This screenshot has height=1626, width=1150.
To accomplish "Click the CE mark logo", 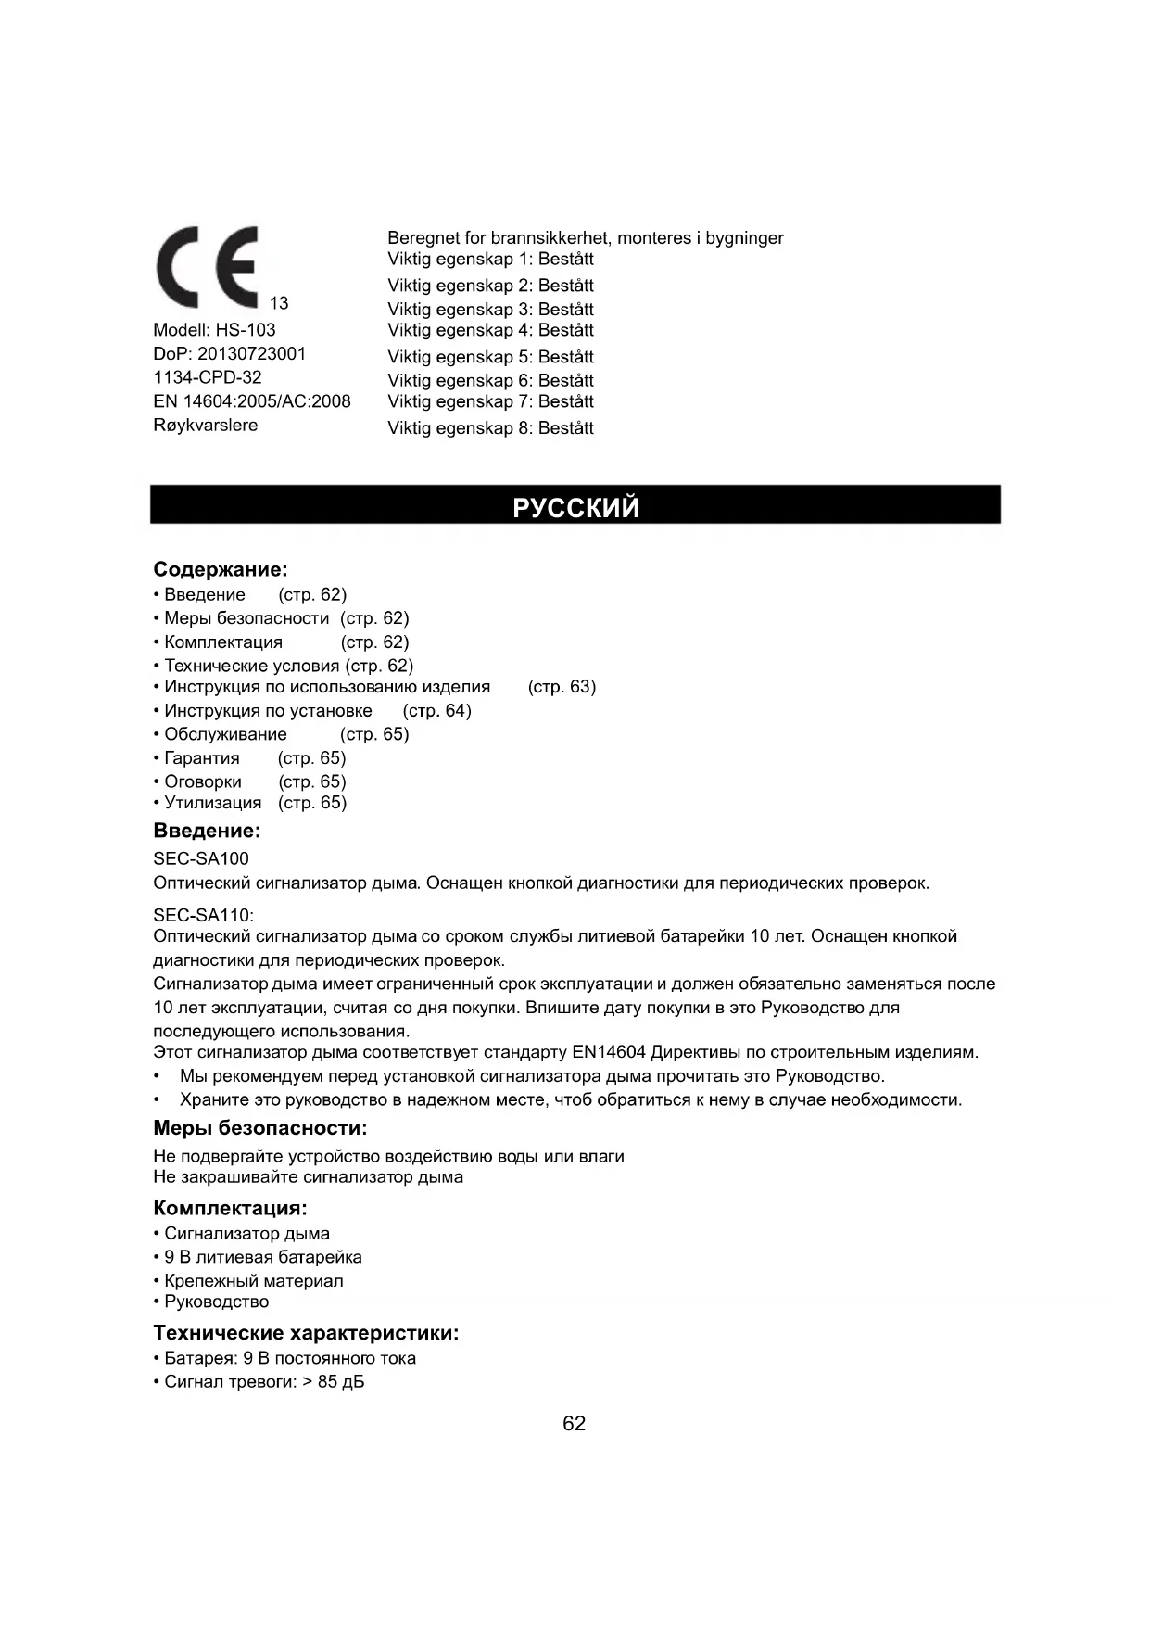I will tap(208, 267).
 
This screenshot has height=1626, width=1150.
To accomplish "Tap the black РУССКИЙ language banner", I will tap(575, 506).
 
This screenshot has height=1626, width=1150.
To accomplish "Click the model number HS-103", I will tap(246, 330).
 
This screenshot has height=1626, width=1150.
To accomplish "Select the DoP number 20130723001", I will tap(251, 354).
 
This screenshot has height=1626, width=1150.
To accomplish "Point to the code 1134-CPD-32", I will tap(208, 377).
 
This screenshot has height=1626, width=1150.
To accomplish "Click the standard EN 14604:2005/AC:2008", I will tap(252, 401).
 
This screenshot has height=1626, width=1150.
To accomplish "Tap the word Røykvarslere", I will tap(206, 426).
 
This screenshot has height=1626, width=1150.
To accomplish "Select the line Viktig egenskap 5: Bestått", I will tap(490, 357).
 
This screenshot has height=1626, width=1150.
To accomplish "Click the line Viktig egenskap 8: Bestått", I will tap(490, 428).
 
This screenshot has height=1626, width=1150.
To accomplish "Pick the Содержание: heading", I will tap(221, 569).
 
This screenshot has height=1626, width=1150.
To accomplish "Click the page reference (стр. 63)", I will tap(562, 687).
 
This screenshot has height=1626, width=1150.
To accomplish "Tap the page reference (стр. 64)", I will tap(436, 711).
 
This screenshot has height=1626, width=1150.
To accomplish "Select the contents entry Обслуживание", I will tap(225, 734).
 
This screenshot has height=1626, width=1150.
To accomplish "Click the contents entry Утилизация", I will tap(212, 803).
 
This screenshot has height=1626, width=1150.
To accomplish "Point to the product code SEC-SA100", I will tap(201, 858).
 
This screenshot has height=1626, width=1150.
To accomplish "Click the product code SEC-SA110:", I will tap(203, 915).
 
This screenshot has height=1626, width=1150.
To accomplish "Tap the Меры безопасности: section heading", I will tap(260, 1128).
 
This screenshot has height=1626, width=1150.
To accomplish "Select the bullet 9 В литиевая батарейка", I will tap(263, 1257).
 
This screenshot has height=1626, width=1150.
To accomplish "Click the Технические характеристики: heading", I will tap(306, 1333).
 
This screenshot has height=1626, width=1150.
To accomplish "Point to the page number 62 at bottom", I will tap(575, 1424).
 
